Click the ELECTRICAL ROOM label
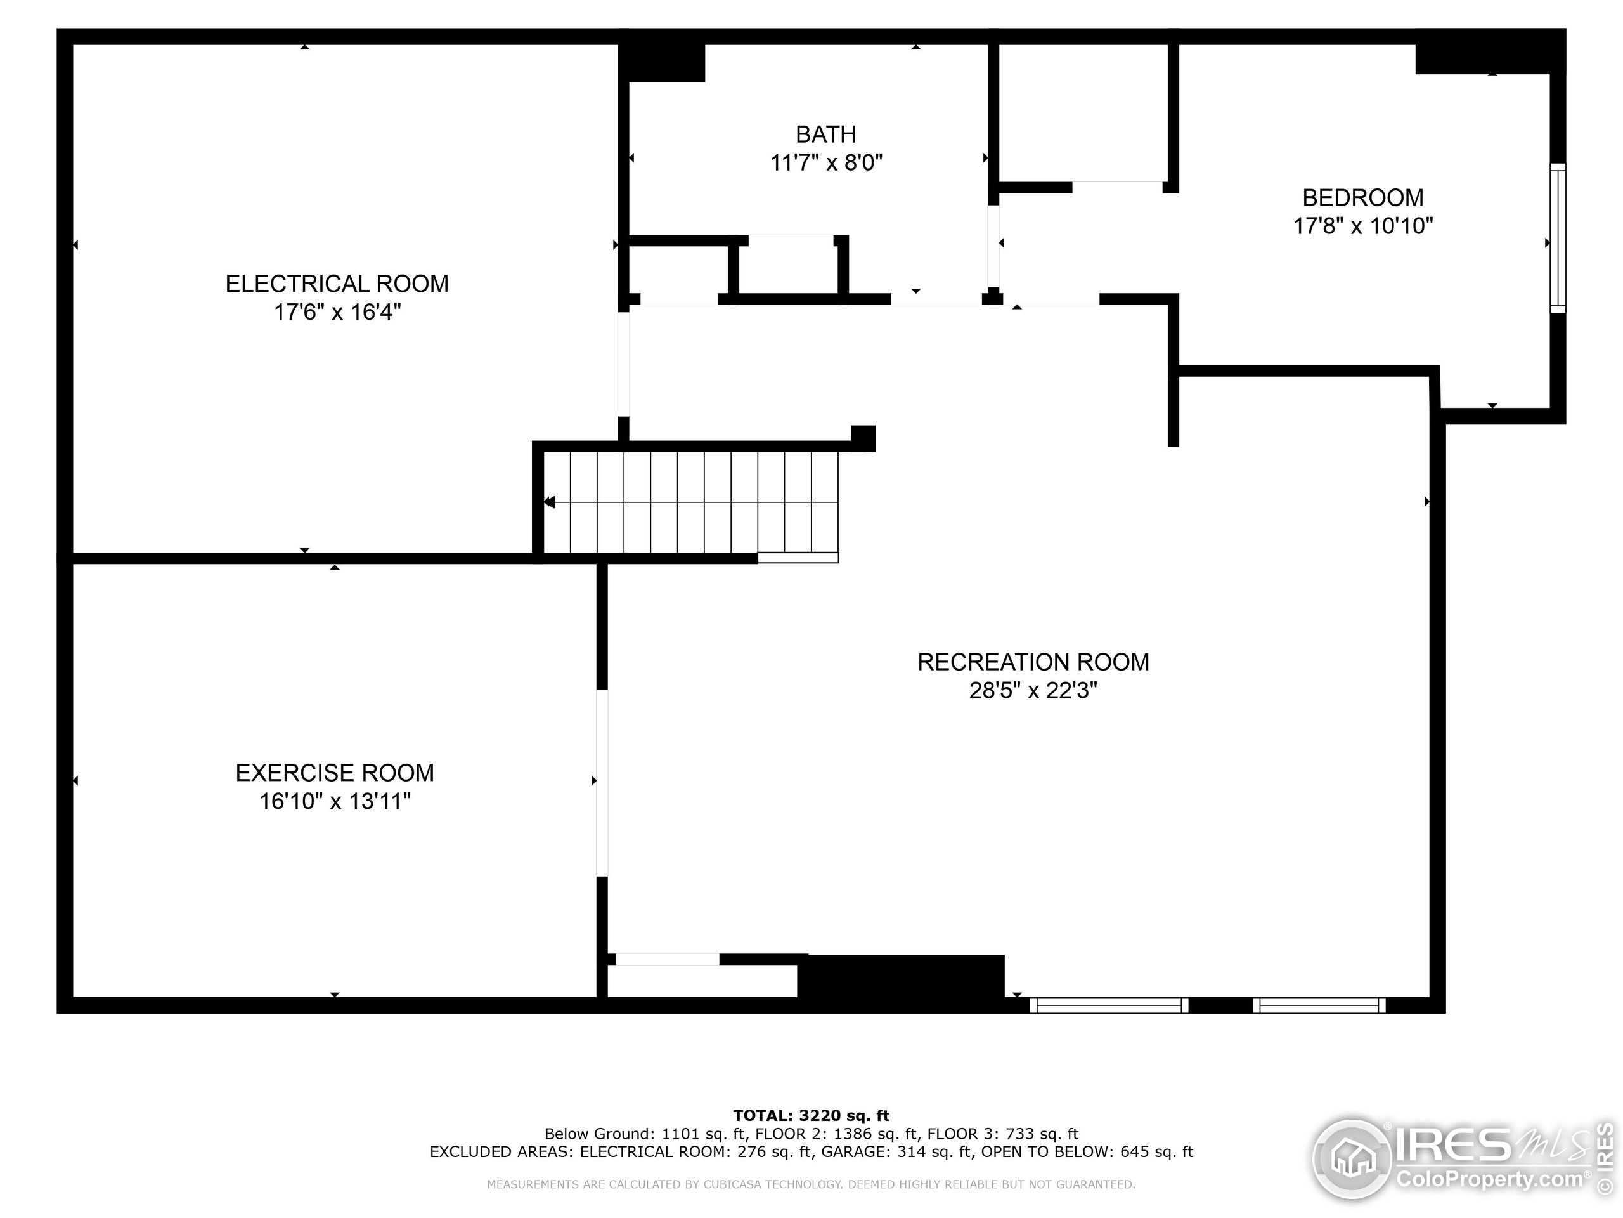[x=337, y=284]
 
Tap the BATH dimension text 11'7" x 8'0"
[x=825, y=162]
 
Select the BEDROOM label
[x=1362, y=197]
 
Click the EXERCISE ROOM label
[x=335, y=773]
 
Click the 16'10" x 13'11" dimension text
[x=335, y=802]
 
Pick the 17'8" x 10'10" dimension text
[x=1362, y=226]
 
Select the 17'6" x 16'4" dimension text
[x=337, y=312]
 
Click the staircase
[x=690, y=502]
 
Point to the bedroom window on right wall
[x=1557, y=238]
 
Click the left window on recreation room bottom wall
[x=1109, y=1005]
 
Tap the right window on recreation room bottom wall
[x=1319, y=1005]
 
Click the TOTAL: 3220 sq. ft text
[x=811, y=1116]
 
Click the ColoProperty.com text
[x=1489, y=1180]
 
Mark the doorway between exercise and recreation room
[x=602, y=783]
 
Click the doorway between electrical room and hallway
[x=623, y=364]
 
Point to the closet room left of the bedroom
[x=1082, y=112]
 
